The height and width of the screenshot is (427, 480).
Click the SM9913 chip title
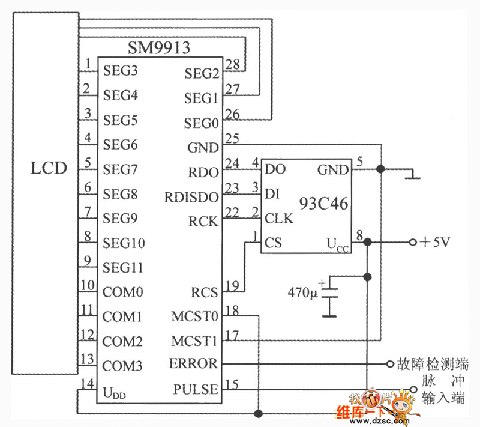coord(159,47)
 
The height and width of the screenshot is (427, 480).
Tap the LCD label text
coord(49,168)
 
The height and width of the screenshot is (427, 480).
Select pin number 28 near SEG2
coord(232,64)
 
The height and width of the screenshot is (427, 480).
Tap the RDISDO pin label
coord(191,197)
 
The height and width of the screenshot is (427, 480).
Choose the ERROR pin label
coord(194,363)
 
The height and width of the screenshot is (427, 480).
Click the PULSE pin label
coord(196,389)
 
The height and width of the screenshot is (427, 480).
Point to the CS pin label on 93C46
coord(273,243)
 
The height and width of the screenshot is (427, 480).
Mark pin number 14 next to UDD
coord(88,384)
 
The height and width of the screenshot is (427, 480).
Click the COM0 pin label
coord(122,292)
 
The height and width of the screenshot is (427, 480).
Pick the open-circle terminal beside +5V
coord(412,242)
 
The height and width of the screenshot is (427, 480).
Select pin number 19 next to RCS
coord(232,285)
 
